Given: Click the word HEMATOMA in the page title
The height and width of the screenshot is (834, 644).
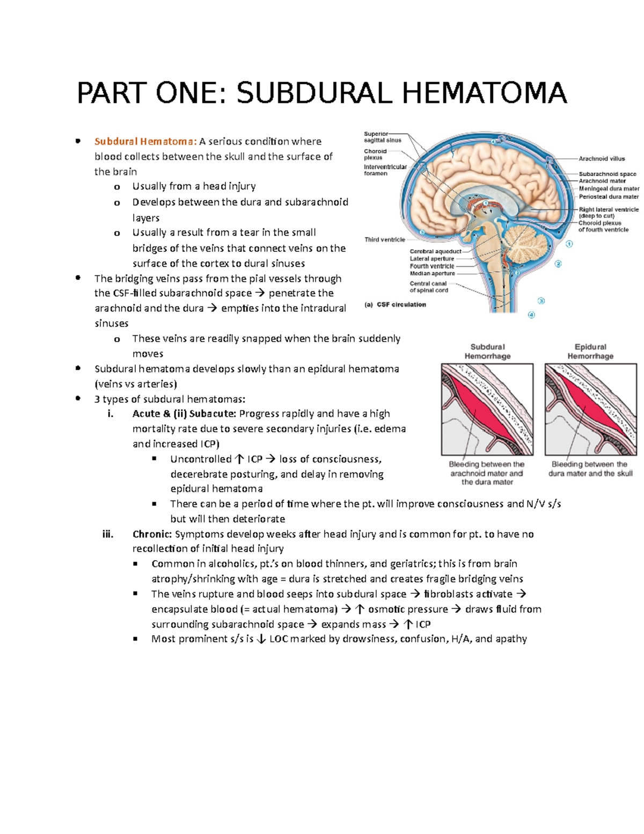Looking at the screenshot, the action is coord(484,93).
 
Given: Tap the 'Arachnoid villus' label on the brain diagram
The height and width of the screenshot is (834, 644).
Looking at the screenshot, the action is coord(602,158).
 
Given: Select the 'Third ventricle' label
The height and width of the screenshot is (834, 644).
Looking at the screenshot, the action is coord(384,240).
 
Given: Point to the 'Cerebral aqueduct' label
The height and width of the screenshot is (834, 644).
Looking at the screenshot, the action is coord(435,251).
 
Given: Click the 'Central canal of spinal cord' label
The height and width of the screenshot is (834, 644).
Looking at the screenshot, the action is coord(428,287).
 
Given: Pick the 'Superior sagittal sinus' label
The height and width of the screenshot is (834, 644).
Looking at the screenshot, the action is coord(382,137).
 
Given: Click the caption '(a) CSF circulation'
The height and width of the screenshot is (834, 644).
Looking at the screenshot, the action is coord(395,304).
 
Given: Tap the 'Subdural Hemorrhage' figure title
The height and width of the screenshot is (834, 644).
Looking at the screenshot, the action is coord(487,351).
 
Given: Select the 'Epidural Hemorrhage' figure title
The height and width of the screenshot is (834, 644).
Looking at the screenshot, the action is coord(590,351).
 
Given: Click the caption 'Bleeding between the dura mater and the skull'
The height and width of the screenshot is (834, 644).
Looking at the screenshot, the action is coord(590,469).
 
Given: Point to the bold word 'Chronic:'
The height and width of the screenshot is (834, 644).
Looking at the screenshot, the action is coord(152,534).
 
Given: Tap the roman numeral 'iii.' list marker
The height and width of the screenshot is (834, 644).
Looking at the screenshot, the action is coord(108,534).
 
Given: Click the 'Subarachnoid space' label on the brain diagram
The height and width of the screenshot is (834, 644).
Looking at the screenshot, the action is coord(607,174).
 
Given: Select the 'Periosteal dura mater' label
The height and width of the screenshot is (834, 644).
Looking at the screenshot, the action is coord(609,197).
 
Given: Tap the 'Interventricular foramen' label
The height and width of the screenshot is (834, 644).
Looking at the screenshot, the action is coord(385,170).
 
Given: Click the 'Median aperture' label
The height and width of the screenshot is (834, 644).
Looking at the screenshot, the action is coord(432,273).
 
